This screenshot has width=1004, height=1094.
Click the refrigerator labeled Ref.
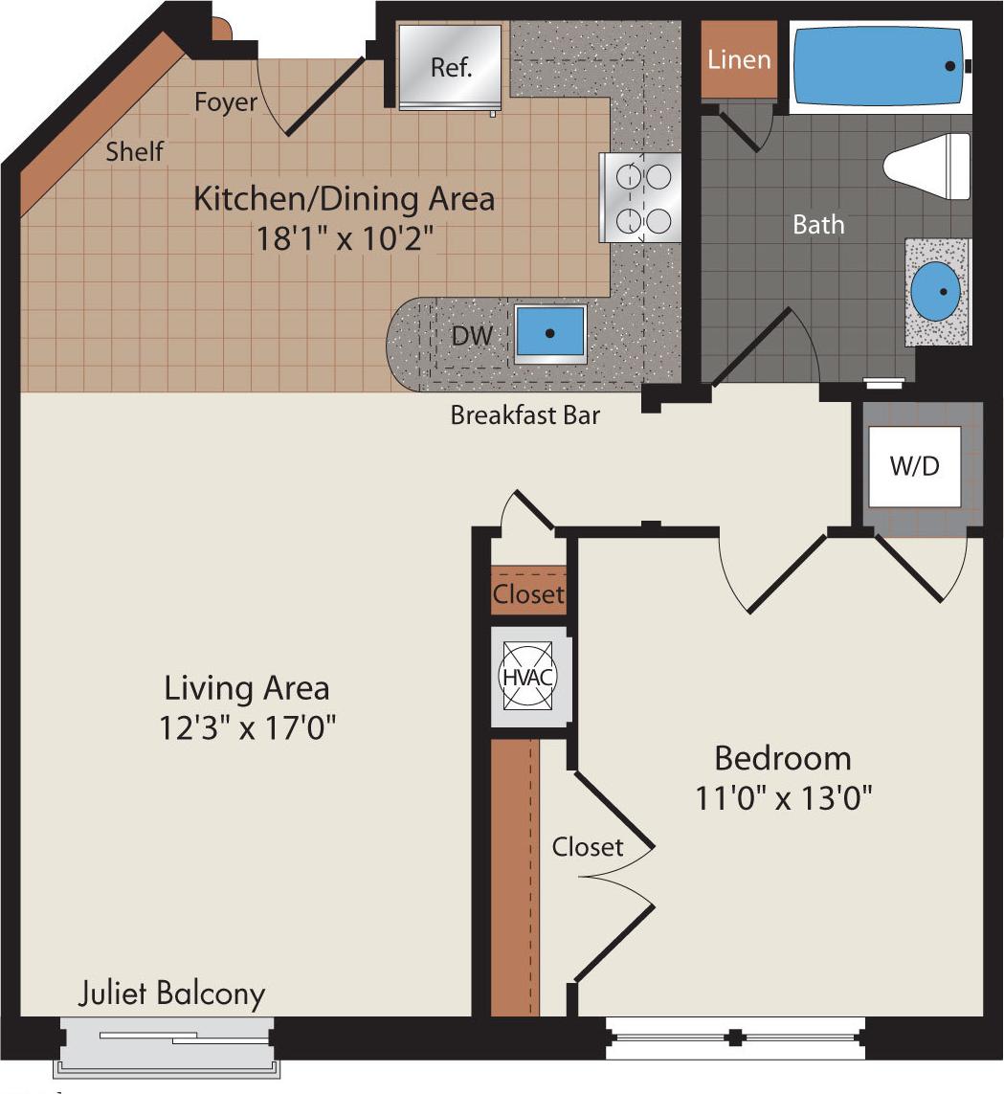click(x=450, y=67)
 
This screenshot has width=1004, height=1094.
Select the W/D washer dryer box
click(x=914, y=466)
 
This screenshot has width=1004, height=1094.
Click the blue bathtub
click(x=879, y=66)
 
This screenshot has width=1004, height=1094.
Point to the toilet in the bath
click(x=926, y=167)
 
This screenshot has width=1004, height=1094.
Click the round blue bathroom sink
click(x=937, y=291)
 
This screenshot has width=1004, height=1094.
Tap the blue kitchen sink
click(x=550, y=332)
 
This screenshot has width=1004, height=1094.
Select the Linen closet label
click(x=739, y=59)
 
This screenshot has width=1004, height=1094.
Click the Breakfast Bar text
click(x=524, y=415)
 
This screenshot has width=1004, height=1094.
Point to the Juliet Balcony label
click(x=172, y=994)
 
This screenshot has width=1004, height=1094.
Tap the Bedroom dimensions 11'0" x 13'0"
click(x=784, y=797)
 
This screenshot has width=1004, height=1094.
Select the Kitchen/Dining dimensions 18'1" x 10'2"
click(x=345, y=237)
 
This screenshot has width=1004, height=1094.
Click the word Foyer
click(x=226, y=101)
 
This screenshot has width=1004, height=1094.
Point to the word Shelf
click(x=134, y=151)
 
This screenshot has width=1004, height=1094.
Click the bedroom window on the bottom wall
click(x=735, y=1037)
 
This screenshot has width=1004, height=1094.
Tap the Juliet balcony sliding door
click(x=167, y=1038)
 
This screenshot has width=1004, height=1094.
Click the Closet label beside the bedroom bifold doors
click(x=588, y=847)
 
